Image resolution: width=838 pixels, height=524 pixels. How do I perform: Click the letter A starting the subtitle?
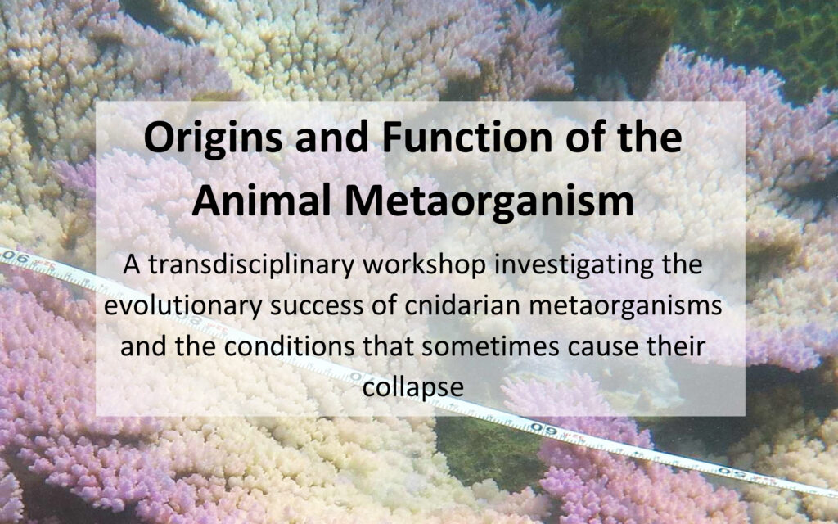[132, 264]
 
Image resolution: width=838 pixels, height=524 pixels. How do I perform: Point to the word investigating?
[574, 266]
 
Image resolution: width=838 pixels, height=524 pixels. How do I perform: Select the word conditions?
[289, 347]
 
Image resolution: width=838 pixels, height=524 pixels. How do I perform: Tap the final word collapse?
[412, 387]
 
